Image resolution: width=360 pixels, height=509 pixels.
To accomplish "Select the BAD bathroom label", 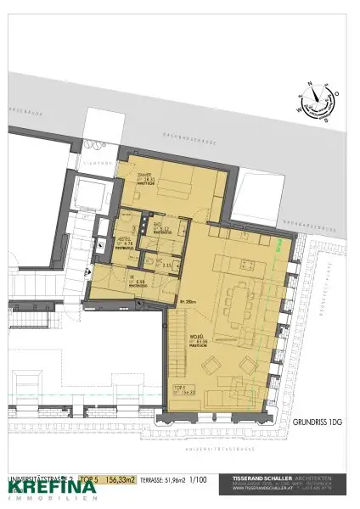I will click(160, 225).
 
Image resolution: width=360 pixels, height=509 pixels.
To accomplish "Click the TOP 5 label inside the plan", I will click(179, 387).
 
